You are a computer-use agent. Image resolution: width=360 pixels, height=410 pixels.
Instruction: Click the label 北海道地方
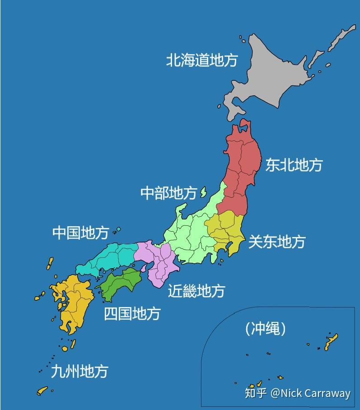(x=201, y=60)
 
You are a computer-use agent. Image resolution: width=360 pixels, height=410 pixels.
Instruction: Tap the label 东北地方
(x=294, y=165)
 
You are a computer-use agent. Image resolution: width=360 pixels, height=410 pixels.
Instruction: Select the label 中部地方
(x=168, y=193)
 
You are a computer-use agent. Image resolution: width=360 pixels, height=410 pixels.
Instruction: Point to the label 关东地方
(x=276, y=242)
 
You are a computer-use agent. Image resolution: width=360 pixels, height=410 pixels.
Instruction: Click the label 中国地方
(x=80, y=233)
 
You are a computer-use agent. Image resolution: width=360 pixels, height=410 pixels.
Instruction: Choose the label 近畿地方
(x=196, y=291)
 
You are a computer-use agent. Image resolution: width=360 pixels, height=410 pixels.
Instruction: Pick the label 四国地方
(x=132, y=313)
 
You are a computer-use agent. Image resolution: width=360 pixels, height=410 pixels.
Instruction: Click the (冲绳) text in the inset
(x=266, y=329)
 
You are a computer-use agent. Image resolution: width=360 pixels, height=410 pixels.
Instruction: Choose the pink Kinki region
(x=158, y=262)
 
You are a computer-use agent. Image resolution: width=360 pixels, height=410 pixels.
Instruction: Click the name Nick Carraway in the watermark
(x=316, y=394)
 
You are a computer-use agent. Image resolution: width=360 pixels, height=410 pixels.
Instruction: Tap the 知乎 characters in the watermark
(x=255, y=393)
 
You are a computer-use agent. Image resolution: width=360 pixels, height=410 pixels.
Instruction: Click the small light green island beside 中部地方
(x=203, y=192)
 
